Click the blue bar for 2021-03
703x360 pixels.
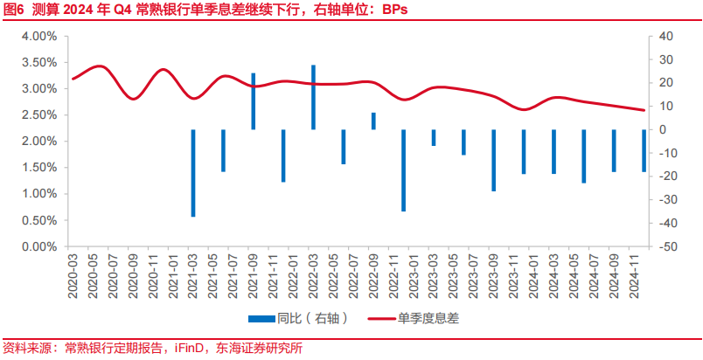click(x=193, y=172)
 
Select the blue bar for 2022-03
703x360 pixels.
click(x=313, y=97)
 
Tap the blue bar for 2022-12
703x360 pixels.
click(x=403, y=170)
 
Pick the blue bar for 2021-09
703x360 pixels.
click(x=254, y=101)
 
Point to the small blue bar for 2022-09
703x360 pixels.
click(x=373, y=121)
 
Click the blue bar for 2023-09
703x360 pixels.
click(x=493, y=160)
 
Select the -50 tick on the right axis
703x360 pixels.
click(x=664, y=247)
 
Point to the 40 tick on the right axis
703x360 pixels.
click(x=664, y=36)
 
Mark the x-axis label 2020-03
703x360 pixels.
click(x=73, y=273)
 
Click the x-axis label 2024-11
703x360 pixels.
click(x=644, y=273)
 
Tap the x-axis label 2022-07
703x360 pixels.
click(x=353, y=273)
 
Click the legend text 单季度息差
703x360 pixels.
click(x=429, y=319)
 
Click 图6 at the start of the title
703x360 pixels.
click(x=14, y=10)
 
